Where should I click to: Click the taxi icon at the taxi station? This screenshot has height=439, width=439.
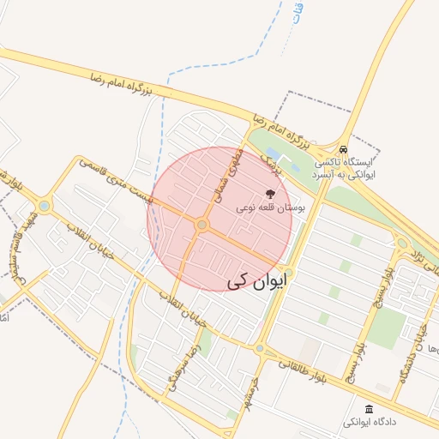(343, 147)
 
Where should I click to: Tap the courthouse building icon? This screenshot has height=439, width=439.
(370, 408)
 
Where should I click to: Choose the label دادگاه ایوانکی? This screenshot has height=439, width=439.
(370, 423)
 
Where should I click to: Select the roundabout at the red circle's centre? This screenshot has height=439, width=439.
(202, 225)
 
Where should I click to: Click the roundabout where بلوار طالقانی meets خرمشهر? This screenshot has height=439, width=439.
(260, 348)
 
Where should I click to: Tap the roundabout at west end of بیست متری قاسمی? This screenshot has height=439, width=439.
(45, 206)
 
